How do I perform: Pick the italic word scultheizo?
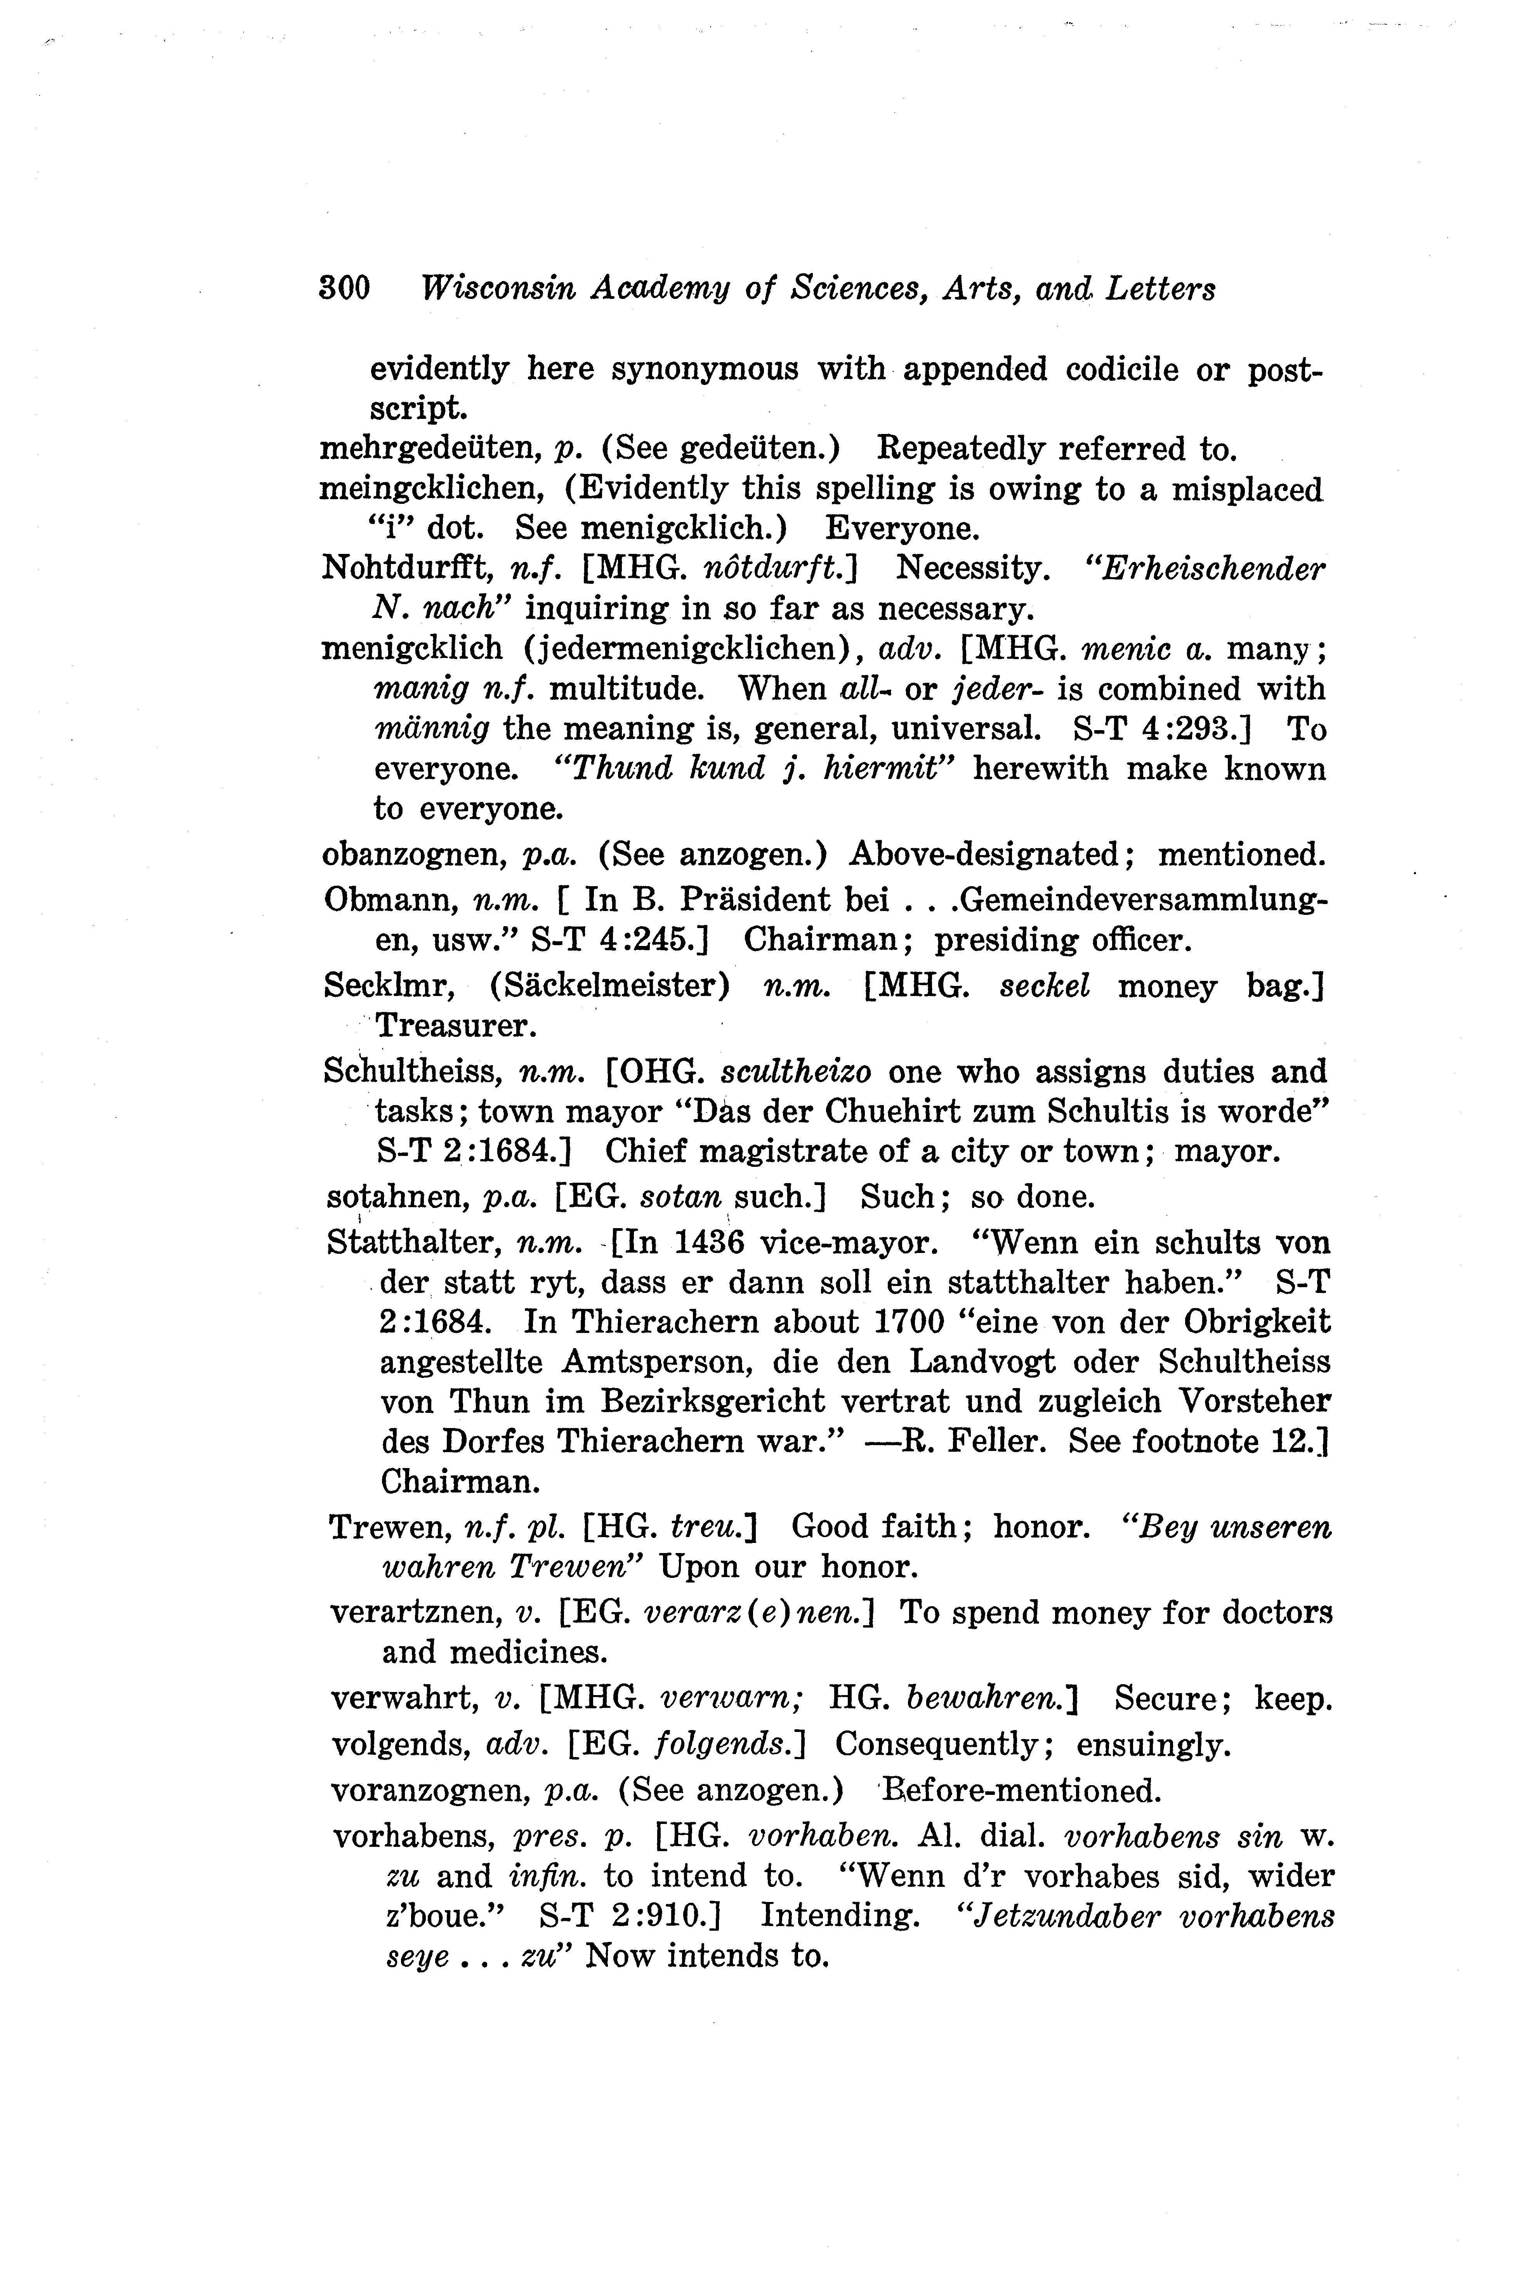796,1072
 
